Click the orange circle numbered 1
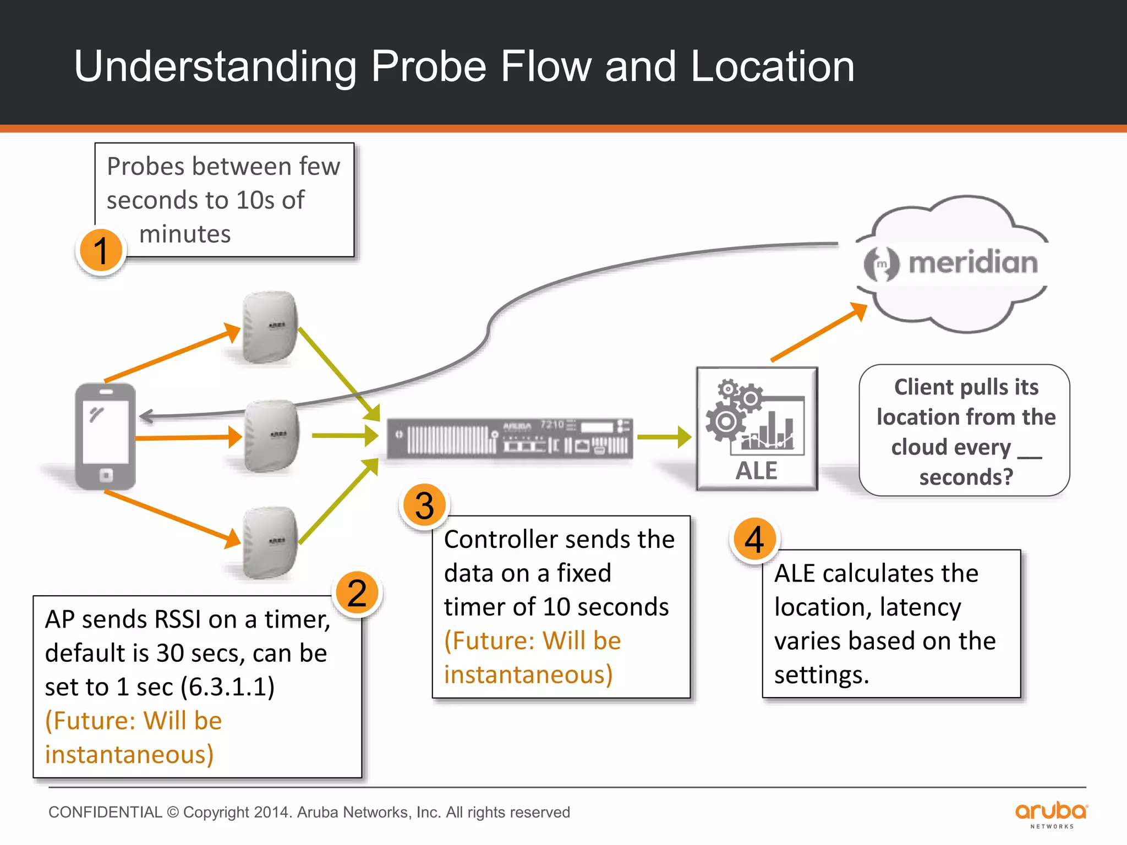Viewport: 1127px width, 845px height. (x=101, y=251)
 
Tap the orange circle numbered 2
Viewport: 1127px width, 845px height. (x=357, y=594)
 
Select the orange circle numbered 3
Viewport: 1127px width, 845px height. (x=424, y=505)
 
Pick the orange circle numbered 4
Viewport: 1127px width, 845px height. (x=754, y=539)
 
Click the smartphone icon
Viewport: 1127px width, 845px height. (x=106, y=436)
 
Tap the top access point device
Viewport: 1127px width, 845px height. (x=270, y=327)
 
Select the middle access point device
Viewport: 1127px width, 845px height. (x=272, y=436)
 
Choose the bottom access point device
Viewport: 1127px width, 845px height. (x=270, y=543)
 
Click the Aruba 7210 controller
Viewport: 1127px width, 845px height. (x=510, y=438)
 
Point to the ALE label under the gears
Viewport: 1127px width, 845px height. (x=757, y=471)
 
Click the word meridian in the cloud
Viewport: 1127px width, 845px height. (x=972, y=262)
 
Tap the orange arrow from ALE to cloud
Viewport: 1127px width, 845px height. (x=818, y=333)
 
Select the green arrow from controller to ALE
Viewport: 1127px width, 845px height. (x=664, y=437)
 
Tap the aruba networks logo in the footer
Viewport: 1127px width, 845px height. (x=1051, y=814)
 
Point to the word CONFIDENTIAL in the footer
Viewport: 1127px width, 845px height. (x=105, y=813)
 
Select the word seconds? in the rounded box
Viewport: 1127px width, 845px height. (x=966, y=477)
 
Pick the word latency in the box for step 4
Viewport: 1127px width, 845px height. (x=920, y=607)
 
